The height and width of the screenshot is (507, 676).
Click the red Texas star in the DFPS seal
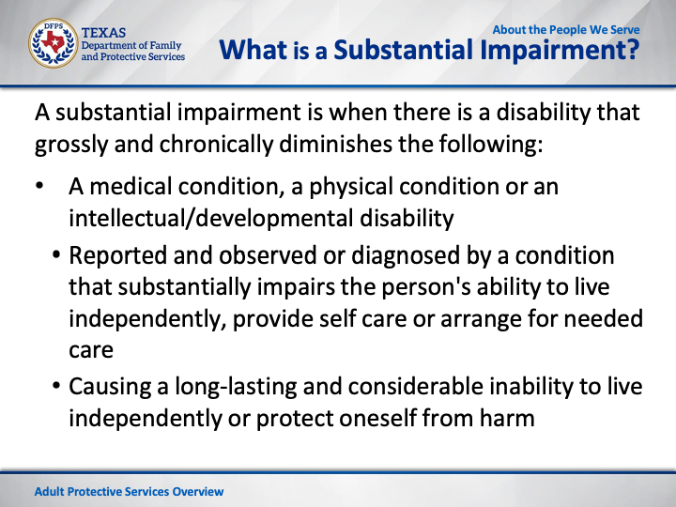pos(53,42)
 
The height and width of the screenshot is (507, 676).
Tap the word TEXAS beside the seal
pos(103,33)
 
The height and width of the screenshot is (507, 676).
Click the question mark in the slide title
pos(633,50)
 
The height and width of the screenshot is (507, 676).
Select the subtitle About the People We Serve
pos(566,30)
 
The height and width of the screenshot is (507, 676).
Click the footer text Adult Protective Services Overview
pos(129,491)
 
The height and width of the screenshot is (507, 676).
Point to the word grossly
pos(71,145)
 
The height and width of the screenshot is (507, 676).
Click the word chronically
pos(216,145)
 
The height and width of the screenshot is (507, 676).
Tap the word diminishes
pos(335,144)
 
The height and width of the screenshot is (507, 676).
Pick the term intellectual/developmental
pos(211,218)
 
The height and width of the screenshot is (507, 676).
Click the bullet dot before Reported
pos(56,254)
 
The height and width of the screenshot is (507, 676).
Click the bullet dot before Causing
pos(56,386)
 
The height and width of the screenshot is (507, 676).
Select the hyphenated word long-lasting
pos(236,387)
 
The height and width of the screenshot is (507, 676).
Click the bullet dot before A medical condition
pos(39,186)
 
